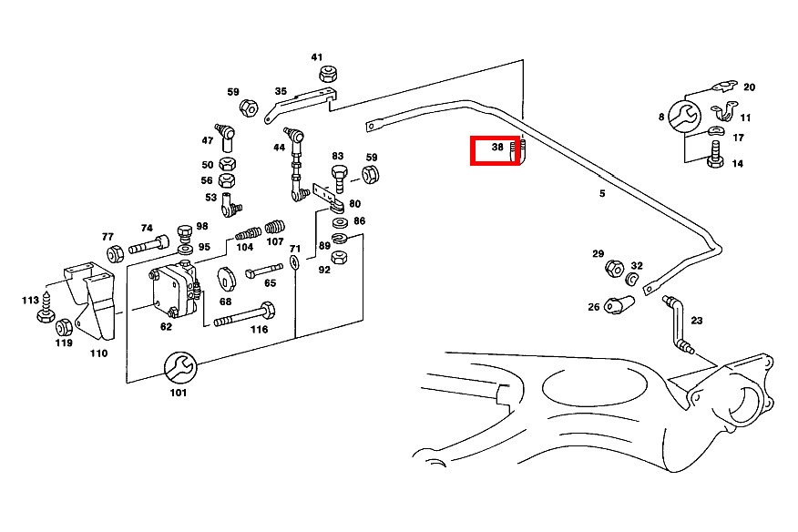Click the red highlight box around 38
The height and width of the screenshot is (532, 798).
tap(496, 150)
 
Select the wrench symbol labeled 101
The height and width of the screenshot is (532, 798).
tap(178, 368)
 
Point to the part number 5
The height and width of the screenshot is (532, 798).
tap(602, 193)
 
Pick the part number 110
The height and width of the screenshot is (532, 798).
tap(98, 353)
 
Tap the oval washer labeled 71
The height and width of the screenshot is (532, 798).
tap(295, 263)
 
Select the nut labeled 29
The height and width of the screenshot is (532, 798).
tap(614, 269)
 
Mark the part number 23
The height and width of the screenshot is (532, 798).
tap(697, 321)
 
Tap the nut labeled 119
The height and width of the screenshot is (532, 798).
tap(64, 327)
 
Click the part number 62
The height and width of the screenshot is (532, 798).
tap(166, 325)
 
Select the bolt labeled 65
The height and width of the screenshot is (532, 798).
tap(261, 271)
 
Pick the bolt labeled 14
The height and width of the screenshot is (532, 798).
tap(714, 160)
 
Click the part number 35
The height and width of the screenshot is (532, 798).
tap(281, 92)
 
